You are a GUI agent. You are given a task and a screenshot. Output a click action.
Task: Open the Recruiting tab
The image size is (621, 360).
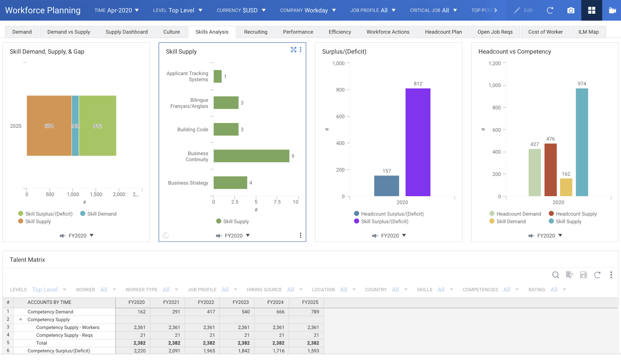pos(256,32)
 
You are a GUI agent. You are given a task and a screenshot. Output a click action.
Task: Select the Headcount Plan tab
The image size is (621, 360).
pos(443,32)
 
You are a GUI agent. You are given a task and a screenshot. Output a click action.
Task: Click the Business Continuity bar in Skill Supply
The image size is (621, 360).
pos(251,156)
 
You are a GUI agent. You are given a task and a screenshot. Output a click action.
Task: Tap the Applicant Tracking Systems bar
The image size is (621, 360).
pos(218,76)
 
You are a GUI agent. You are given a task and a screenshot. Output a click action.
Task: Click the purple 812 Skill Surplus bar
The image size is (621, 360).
pos(418,142)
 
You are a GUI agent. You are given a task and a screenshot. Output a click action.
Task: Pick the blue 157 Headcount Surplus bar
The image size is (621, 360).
pos(387,186)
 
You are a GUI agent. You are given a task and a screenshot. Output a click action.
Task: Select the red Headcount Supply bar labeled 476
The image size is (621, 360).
pos(550,170)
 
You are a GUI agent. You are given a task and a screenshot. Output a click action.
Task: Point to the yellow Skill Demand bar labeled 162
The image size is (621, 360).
pos(566,187)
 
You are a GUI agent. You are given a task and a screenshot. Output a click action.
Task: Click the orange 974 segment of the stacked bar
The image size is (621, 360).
pos(49,126)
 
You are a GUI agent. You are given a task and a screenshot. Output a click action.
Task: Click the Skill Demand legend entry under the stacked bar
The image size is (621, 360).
pos(99,214)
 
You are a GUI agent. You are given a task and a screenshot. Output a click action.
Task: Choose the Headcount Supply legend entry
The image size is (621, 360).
pos(573,214)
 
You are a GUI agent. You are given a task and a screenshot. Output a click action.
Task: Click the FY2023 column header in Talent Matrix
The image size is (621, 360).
pos(240,302)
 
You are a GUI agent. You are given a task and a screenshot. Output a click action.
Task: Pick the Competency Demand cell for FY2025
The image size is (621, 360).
pos(306,312)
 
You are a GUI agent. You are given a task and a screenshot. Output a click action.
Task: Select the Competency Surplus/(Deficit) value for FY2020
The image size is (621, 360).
pos(133,350)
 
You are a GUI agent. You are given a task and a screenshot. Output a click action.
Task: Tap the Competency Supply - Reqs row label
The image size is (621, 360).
pos(64,335)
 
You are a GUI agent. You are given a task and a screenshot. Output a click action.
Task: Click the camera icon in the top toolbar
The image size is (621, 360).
pos(571,10)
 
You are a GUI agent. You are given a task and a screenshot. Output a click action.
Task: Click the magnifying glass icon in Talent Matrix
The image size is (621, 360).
pos(556,275)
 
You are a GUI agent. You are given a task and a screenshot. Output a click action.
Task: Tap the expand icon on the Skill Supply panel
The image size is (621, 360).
pos(293,50)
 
